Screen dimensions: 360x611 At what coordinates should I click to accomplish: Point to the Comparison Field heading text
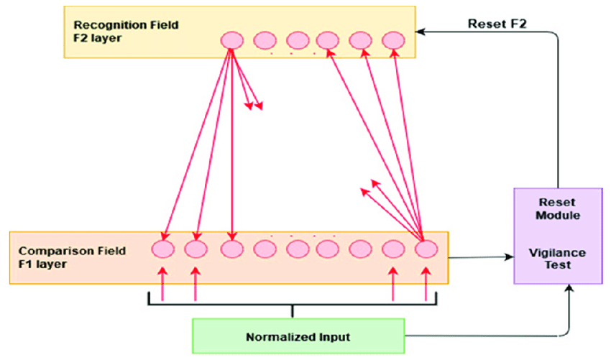[x=71, y=251]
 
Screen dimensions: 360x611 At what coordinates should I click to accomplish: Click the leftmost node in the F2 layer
[x=231, y=40]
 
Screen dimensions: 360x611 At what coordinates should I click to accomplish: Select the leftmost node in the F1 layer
[x=162, y=249]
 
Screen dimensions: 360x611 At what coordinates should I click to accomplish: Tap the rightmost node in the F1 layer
[x=426, y=249]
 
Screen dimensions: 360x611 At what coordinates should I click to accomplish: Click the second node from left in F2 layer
[x=265, y=40]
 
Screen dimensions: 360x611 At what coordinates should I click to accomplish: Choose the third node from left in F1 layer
[x=230, y=249]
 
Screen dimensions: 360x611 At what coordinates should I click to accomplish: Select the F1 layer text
[x=42, y=264]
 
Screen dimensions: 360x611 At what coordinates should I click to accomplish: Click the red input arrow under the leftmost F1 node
[x=162, y=283]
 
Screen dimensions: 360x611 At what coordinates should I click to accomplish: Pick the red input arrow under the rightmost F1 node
[x=426, y=283]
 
